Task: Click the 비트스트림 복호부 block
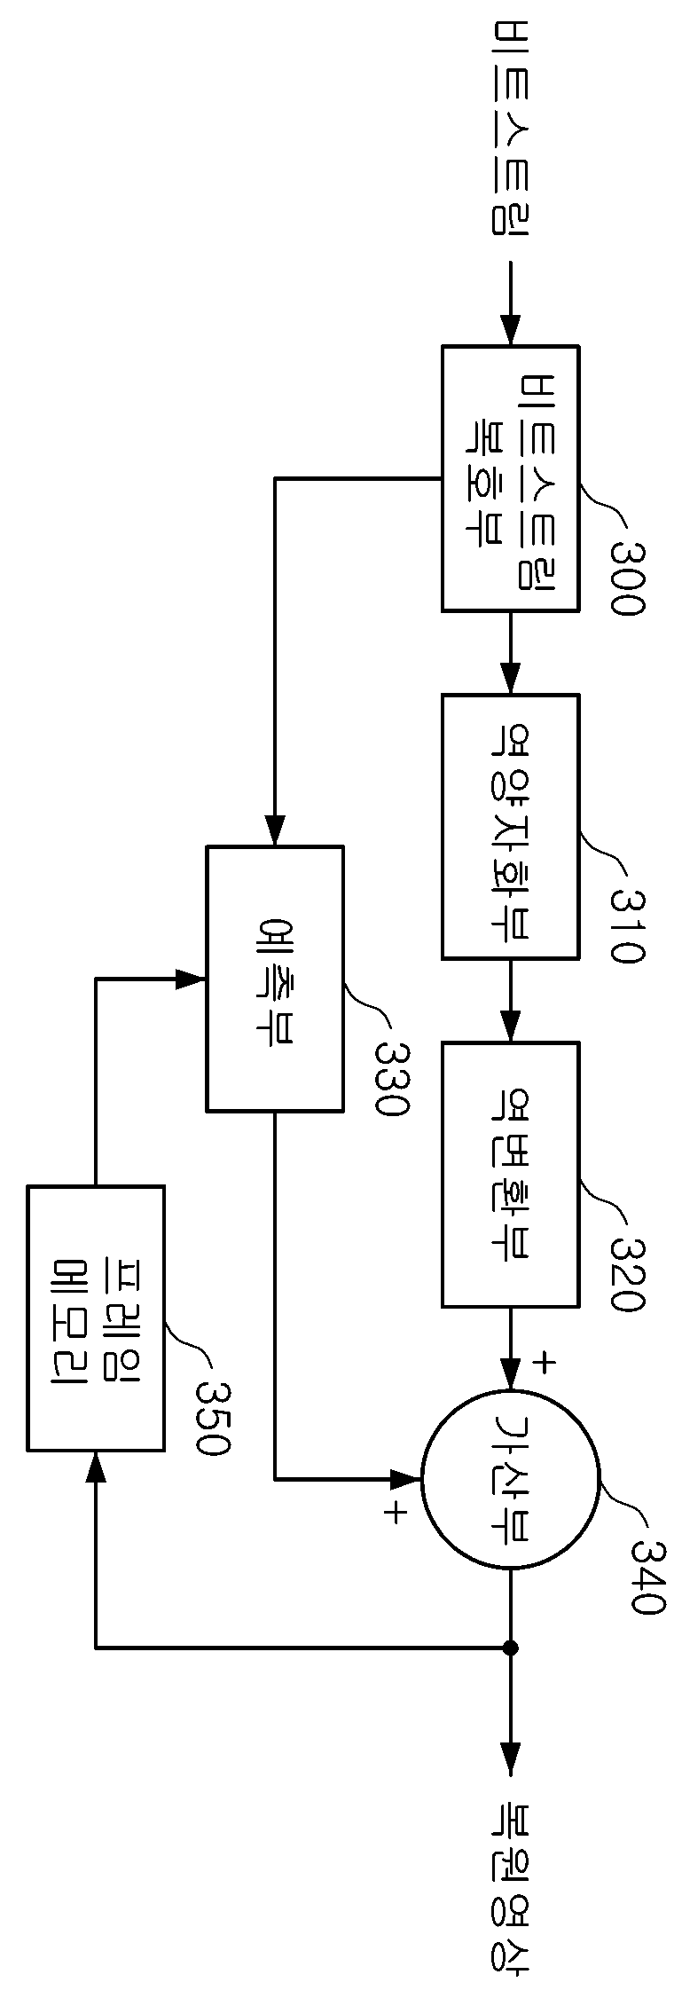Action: (x=511, y=478)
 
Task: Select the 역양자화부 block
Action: (x=511, y=826)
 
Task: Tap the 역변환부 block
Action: (x=511, y=1175)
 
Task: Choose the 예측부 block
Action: (x=275, y=978)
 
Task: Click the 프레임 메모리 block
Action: (x=96, y=1318)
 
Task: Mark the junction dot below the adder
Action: (x=510, y=1648)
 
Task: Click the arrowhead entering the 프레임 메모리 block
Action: (x=96, y=1466)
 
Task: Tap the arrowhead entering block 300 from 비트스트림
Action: (x=510, y=331)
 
